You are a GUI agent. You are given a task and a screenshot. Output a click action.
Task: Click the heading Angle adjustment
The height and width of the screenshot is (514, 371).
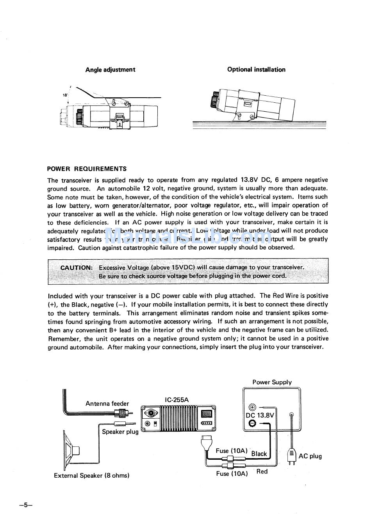(x=110, y=70)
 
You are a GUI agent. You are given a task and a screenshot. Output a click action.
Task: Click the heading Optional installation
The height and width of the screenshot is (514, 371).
(x=256, y=70)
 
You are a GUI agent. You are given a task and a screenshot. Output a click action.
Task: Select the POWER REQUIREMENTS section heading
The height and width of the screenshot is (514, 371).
(x=87, y=169)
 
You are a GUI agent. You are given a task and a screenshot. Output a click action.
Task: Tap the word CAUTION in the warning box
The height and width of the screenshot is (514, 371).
(x=77, y=268)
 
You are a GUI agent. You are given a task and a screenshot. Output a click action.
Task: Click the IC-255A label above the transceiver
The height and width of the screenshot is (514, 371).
(x=177, y=400)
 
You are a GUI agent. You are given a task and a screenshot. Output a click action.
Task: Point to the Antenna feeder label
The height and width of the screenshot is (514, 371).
(x=107, y=403)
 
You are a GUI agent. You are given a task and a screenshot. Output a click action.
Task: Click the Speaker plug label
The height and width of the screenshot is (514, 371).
(x=120, y=432)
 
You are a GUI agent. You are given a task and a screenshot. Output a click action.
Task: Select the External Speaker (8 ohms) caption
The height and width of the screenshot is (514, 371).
(x=91, y=475)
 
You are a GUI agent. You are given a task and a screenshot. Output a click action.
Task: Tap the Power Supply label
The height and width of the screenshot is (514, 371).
(x=272, y=382)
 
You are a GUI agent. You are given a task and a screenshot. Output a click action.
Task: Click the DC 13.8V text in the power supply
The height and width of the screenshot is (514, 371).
(x=260, y=415)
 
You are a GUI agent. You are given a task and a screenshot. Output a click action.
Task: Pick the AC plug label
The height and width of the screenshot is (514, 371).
(x=310, y=456)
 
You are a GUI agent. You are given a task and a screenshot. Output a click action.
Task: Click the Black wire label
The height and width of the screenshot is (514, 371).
(x=259, y=454)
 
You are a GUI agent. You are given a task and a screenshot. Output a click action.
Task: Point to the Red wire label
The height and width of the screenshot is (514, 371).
(x=262, y=471)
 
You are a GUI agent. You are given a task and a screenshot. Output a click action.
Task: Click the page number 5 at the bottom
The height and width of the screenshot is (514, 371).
(x=25, y=505)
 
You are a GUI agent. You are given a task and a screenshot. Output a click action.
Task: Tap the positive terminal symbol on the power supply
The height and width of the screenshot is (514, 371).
(x=252, y=407)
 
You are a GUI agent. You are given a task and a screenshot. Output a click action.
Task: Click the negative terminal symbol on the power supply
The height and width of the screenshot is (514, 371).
(x=252, y=423)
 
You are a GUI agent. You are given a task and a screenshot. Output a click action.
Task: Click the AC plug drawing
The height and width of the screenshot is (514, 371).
(x=291, y=455)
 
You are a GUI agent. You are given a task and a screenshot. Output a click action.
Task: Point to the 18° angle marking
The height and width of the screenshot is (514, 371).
(x=64, y=95)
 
